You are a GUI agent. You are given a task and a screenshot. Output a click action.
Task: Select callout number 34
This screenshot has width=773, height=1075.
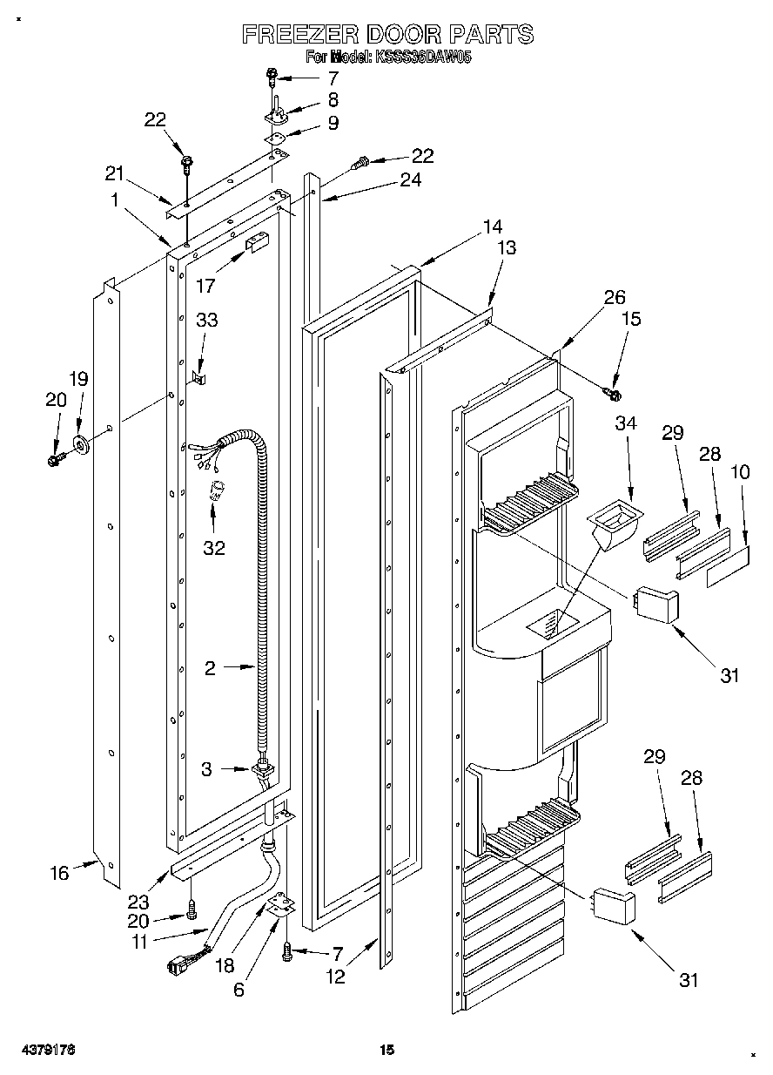[x=626, y=423]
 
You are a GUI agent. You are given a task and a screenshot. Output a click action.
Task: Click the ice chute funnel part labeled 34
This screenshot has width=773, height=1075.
[x=614, y=528]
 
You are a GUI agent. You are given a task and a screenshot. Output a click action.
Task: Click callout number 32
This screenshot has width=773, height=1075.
[x=213, y=547]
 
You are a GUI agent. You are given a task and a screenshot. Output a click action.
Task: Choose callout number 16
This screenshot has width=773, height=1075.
[x=59, y=873]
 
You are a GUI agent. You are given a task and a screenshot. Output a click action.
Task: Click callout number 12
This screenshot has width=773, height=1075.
[x=336, y=977]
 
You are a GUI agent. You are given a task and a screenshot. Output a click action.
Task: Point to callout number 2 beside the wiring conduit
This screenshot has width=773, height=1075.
[x=210, y=668]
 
